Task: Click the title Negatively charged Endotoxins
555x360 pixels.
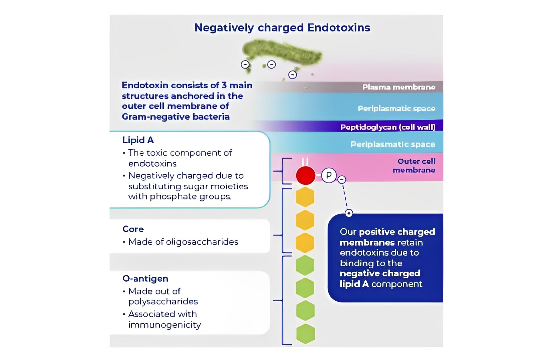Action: coord(282,27)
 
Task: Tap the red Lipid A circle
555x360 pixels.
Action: coord(305,175)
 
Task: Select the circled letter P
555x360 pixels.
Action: coord(329,175)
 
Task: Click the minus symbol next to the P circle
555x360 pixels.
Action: coord(341,180)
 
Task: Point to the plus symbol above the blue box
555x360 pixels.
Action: coord(349,213)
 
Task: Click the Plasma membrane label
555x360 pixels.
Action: coord(399,87)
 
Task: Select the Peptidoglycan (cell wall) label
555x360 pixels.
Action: coord(388,127)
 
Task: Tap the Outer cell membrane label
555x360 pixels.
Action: coord(415,166)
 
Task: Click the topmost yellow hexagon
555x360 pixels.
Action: coord(305,197)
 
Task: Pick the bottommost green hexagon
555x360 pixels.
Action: coord(305,334)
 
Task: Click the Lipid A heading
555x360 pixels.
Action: coord(138,140)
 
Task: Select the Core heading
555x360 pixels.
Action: coord(133,229)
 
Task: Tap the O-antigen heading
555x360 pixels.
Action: coord(145,279)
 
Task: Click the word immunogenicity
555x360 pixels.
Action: coord(164,325)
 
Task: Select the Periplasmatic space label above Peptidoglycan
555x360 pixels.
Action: coord(396,108)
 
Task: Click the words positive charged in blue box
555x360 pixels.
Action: coord(397,232)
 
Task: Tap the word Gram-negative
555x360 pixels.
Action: coord(154,117)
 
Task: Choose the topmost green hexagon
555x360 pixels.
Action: coord(305,265)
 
